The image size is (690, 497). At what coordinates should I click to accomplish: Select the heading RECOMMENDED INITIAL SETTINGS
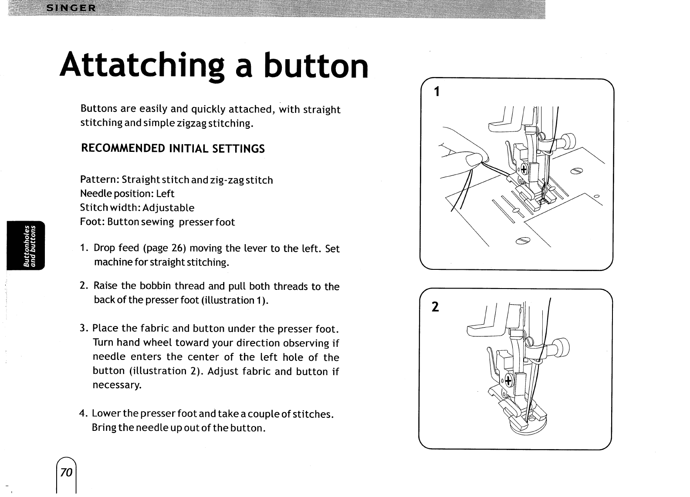(x=173, y=149)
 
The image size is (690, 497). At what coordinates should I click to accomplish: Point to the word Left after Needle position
(x=165, y=194)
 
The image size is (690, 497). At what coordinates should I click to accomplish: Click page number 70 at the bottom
(x=66, y=472)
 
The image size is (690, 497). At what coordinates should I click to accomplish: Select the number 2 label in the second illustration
(x=434, y=307)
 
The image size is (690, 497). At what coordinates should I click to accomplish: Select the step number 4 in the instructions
(x=82, y=413)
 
